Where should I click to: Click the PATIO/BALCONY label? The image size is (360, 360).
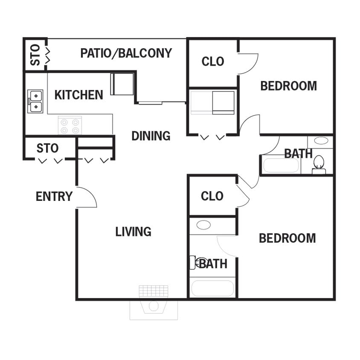(126, 53)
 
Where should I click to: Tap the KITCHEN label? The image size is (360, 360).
(78, 95)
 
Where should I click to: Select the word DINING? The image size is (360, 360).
(151, 136)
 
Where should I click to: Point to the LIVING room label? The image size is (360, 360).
(133, 232)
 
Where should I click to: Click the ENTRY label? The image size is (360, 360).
(54, 197)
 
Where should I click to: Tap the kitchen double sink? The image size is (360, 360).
(35, 101)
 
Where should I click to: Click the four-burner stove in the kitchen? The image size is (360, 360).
(70, 125)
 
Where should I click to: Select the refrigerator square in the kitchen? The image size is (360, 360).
(122, 84)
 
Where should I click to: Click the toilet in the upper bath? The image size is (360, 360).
(319, 164)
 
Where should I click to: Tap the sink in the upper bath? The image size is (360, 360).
(321, 141)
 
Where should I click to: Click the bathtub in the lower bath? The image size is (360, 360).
(212, 288)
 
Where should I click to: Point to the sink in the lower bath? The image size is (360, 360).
(203, 225)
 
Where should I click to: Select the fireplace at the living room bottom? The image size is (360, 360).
(154, 303)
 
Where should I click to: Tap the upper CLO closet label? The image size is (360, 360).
(212, 62)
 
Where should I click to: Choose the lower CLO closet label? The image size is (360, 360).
(212, 196)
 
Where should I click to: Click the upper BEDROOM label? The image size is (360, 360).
(288, 86)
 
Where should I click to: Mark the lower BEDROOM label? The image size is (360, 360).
(287, 238)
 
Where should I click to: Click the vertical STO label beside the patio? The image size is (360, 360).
(35, 55)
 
